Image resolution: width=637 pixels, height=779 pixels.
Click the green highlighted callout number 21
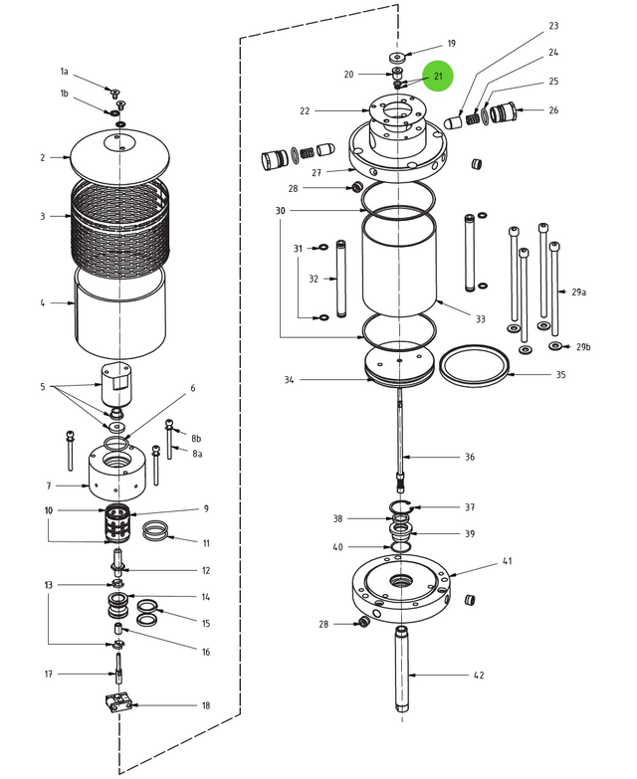pyautogui.click(x=438, y=77)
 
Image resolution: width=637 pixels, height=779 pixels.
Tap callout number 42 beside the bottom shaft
pyautogui.click(x=479, y=676)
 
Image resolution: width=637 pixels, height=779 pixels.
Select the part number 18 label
pyautogui.click(x=206, y=705)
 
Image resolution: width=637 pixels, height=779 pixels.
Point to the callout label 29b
pyautogui.click(x=583, y=346)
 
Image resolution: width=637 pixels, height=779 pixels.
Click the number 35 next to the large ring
pyautogui.click(x=560, y=375)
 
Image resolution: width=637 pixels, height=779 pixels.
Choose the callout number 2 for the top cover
pyautogui.click(x=43, y=157)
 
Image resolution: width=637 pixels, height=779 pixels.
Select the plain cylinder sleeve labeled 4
pyautogui.click(x=119, y=313)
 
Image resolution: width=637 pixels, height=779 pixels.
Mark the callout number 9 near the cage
pyautogui.click(x=206, y=508)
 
